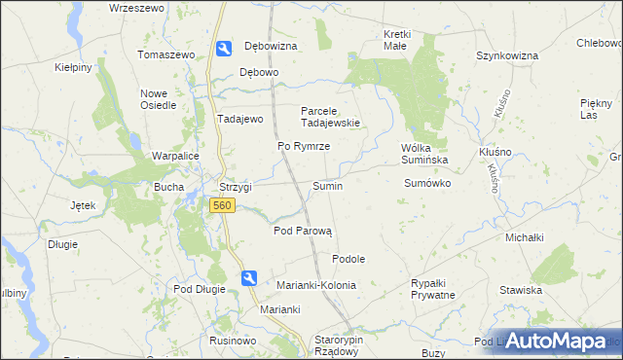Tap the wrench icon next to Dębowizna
point(223,48)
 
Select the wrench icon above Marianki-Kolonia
point(249,277)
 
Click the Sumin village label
point(326,186)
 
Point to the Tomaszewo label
point(168,54)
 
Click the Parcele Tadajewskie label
point(331,117)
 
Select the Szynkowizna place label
point(507,55)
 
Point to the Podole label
point(348,259)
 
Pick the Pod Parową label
point(303,232)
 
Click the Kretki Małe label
point(397,41)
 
